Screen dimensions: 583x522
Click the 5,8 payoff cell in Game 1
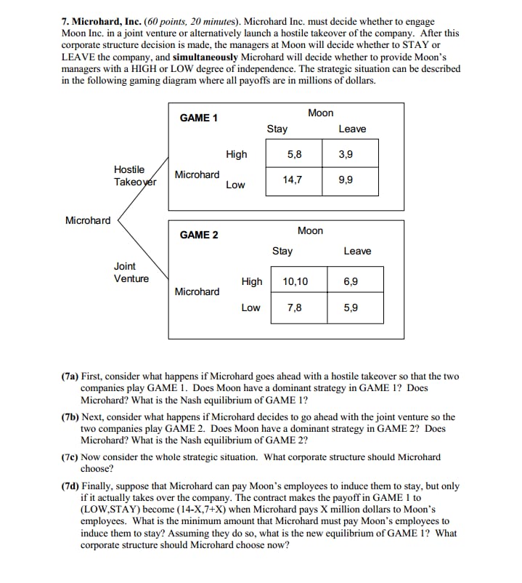point(295,154)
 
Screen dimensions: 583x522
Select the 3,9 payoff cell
point(346,154)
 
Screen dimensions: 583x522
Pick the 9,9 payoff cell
point(346,180)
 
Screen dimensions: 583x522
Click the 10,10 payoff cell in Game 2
point(295,281)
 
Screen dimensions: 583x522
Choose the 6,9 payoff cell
point(351,281)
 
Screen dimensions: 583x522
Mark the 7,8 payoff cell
point(295,307)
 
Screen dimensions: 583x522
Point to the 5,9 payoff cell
point(351,307)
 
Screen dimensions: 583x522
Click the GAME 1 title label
point(199,118)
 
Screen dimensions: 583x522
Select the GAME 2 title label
point(199,235)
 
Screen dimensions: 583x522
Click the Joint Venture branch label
point(131,273)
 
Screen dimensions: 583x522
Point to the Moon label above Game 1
point(321,113)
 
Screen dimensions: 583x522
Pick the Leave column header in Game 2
point(357,251)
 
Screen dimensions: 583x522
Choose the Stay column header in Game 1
point(277,129)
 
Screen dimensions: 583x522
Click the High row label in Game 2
point(252,281)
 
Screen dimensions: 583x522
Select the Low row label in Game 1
point(235,185)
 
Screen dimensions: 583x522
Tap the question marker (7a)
point(70,377)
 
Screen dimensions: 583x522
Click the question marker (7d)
point(70,486)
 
